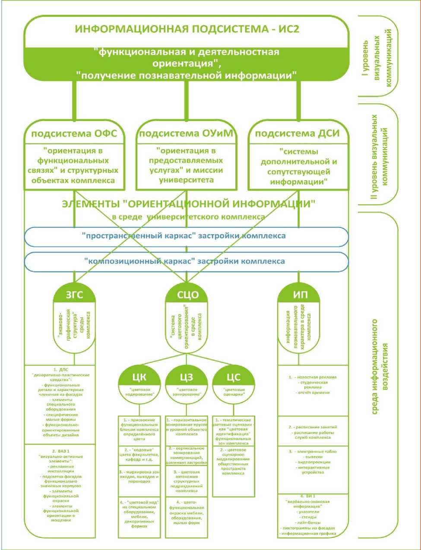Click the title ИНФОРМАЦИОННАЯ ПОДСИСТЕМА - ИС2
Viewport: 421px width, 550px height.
point(187,29)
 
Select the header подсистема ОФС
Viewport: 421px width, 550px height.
point(74,134)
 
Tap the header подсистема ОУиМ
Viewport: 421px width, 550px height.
point(186,134)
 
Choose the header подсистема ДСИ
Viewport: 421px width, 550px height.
point(297,134)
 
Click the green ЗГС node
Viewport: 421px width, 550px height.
point(74,295)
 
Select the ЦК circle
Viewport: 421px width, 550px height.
point(139,378)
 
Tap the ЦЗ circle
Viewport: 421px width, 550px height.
point(186,378)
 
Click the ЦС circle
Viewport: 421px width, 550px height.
point(233,378)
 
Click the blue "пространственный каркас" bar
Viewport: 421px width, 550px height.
point(186,236)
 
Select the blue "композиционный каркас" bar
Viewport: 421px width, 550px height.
point(186,261)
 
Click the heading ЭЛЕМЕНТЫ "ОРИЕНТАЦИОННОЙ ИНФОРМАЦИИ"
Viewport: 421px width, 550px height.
point(189,204)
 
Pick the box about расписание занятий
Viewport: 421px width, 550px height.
point(313,432)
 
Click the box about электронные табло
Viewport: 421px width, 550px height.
point(313,462)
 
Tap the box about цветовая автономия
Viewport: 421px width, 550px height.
point(186,481)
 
